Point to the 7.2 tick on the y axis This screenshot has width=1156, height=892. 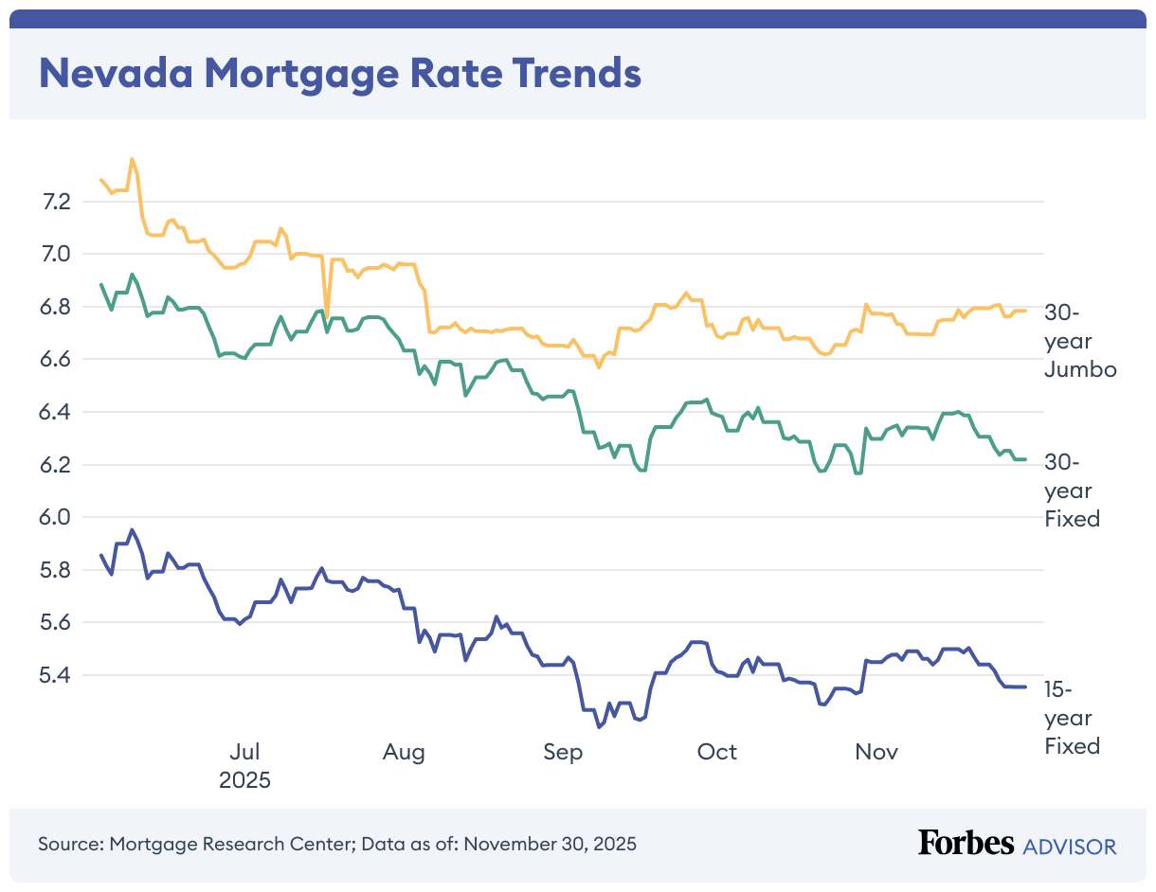click(x=56, y=201)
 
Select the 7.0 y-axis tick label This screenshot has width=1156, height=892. click(x=56, y=254)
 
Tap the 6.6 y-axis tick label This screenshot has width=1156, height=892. click(x=56, y=359)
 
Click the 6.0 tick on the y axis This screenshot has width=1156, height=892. click(x=56, y=517)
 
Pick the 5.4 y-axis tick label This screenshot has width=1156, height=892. click(x=56, y=675)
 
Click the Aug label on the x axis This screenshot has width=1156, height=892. click(x=404, y=753)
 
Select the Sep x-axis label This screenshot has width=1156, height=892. click(x=563, y=753)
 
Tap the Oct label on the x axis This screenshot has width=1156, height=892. click(x=716, y=753)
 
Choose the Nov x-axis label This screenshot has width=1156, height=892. click(x=876, y=753)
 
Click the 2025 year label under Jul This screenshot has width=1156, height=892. click(x=244, y=781)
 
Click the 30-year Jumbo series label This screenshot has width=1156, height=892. click(x=1079, y=341)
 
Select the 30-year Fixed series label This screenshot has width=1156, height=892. click(x=1072, y=491)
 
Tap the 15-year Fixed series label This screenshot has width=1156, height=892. click(x=1072, y=717)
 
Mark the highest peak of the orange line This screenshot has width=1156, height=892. click(x=133, y=159)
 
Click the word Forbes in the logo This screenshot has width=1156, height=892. click(x=966, y=843)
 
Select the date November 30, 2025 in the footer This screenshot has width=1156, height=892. click(x=550, y=843)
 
